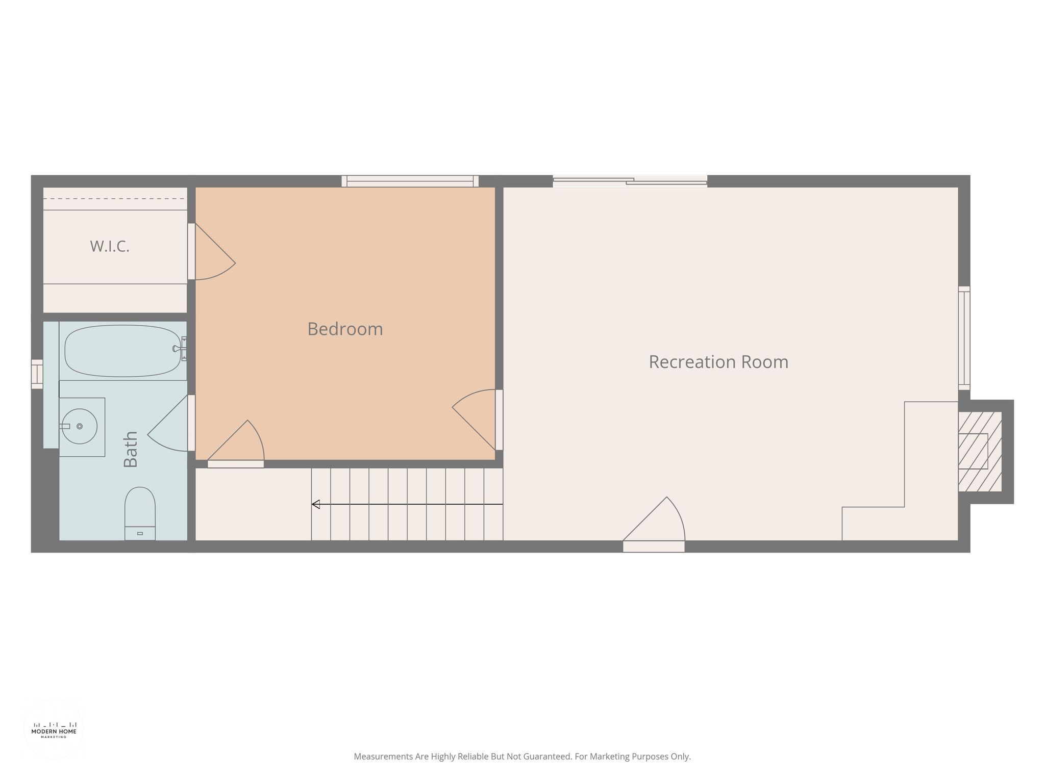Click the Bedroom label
pyautogui.click(x=345, y=329)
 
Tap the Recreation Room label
pyautogui.click(x=718, y=362)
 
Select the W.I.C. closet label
pyautogui.click(x=110, y=246)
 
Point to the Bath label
pyautogui.click(x=131, y=449)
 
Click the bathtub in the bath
pyautogui.click(x=122, y=351)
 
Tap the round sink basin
pyautogui.click(x=79, y=426)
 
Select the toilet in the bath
pyautogui.click(x=140, y=513)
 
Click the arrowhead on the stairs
pyautogui.click(x=316, y=504)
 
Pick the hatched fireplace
pyautogui.click(x=980, y=451)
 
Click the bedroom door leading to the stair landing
pyautogui.click(x=236, y=443)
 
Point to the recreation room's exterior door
pyautogui.click(x=654, y=524)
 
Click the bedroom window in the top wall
pyautogui.click(x=410, y=181)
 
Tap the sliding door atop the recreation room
pyautogui.click(x=630, y=181)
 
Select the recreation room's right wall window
pyautogui.click(x=964, y=338)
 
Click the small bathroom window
pyautogui.click(x=37, y=374)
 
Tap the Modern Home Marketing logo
pyautogui.click(x=54, y=729)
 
